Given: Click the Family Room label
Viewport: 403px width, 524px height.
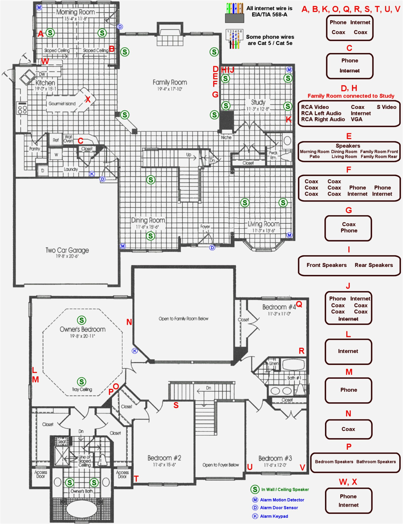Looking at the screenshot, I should [170, 83].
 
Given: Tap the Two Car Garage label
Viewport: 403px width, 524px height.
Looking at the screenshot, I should [67, 250].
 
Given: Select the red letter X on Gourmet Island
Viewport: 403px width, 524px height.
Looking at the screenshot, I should [88, 99].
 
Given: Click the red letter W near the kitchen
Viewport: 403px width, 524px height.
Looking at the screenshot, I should [45, 61].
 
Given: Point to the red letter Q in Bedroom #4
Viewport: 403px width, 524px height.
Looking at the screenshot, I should [299, 304].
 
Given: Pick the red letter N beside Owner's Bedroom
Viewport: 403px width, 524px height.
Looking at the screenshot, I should [129, 322].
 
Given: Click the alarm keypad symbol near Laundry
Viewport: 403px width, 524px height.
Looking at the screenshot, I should [92, 174].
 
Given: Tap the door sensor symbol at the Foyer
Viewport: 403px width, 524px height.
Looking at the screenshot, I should [212, 248].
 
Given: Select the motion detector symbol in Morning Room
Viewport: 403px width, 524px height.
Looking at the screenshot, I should [39, 8].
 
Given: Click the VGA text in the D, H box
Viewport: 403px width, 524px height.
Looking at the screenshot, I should [356, 119].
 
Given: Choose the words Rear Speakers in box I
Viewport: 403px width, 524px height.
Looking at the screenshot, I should [374, 265].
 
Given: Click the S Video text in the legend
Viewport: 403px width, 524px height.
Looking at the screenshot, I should [386, 107].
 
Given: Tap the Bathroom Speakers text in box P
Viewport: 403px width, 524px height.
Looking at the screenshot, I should [376, 462].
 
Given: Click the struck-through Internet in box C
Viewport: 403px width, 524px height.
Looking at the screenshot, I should [349, 71].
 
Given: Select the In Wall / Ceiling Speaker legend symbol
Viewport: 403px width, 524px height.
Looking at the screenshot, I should [255, 490].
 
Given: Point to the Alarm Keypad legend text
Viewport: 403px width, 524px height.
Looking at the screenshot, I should [274, 516].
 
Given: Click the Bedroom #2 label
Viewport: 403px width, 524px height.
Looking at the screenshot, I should [164, 458].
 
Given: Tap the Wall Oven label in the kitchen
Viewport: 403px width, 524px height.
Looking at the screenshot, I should [68, 139].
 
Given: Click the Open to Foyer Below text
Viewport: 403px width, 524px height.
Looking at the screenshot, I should [221, 465].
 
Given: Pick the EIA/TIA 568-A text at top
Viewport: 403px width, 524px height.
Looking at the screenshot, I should [269, 15].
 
